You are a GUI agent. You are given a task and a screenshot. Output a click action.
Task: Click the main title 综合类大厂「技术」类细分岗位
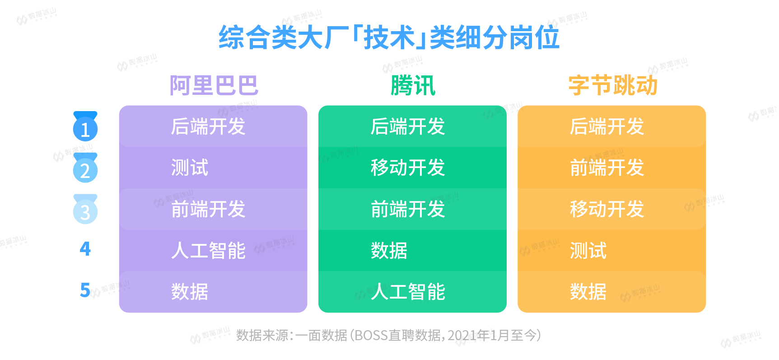pos(389,37)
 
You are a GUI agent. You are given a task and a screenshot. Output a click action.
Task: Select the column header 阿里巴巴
pos(214,85)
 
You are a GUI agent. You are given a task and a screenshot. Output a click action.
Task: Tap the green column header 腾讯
pos(413,85)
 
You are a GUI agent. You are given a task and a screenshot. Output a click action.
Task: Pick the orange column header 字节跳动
pos(612,85)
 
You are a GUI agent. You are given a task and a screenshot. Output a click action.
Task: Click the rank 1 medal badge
pos(85,126)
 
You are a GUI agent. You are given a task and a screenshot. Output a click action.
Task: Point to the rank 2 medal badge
pos(85,168)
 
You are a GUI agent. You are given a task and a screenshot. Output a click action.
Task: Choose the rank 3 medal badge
pos(85,209)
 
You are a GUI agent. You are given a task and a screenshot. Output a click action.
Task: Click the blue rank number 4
pos(85,249)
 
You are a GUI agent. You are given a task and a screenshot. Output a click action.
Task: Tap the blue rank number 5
pos(85,290)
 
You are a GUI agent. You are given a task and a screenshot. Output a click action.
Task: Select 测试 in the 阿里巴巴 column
pos(190,168)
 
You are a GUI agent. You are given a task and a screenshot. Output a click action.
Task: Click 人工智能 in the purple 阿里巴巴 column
pos(208,250)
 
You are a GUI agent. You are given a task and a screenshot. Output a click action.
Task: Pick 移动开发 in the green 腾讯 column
pos(408,168)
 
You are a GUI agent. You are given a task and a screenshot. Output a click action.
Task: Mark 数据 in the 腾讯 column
pos(389,250)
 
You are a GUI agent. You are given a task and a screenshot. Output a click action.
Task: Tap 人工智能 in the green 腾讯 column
pos(408,292)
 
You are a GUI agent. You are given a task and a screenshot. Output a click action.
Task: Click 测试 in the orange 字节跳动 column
pos(588,250)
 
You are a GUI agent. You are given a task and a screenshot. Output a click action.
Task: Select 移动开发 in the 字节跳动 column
pos(607,209)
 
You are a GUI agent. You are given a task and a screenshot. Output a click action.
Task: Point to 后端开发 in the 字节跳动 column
pos(607,126)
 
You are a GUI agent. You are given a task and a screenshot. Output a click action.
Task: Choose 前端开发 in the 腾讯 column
pos(408,209)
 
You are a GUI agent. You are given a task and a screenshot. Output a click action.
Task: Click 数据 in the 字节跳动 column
pos(588,292)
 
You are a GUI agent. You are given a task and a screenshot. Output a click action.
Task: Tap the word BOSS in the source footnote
pos(371,336)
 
